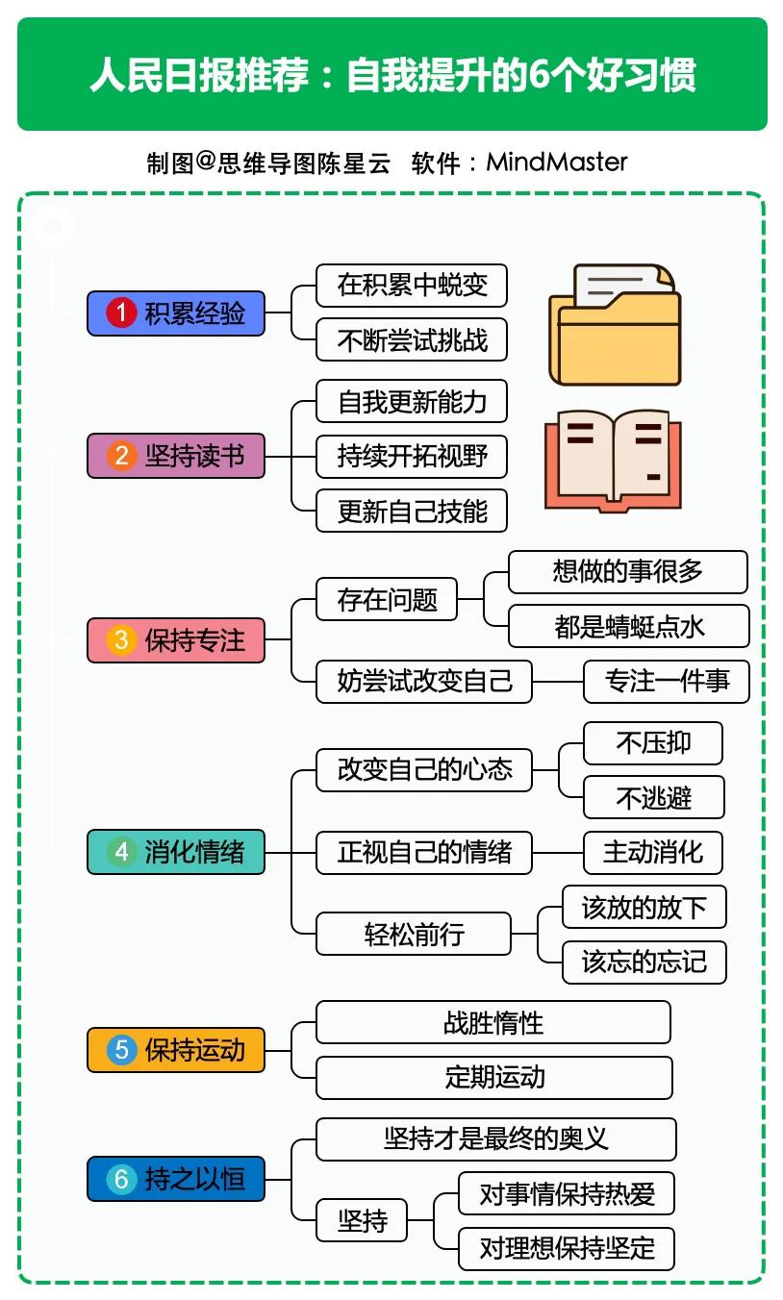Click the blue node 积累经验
(176, 313)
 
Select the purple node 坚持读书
(176, 456)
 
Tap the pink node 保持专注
(176, 640)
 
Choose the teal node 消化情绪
(176, 852)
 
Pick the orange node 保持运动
(176, 1049)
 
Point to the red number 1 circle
(121, 313)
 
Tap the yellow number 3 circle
(121, 640)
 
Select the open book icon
(613, 461)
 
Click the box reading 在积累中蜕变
(412, 286)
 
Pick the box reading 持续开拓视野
(412, 456)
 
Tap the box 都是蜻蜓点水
(628, 627)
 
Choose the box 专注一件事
(667, 682)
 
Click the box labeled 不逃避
(654, 797)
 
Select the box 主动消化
(653, 852)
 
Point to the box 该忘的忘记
(644, 962)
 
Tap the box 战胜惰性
(493, 1022)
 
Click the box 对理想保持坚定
(567, 1248)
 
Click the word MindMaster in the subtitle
(557, 162)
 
